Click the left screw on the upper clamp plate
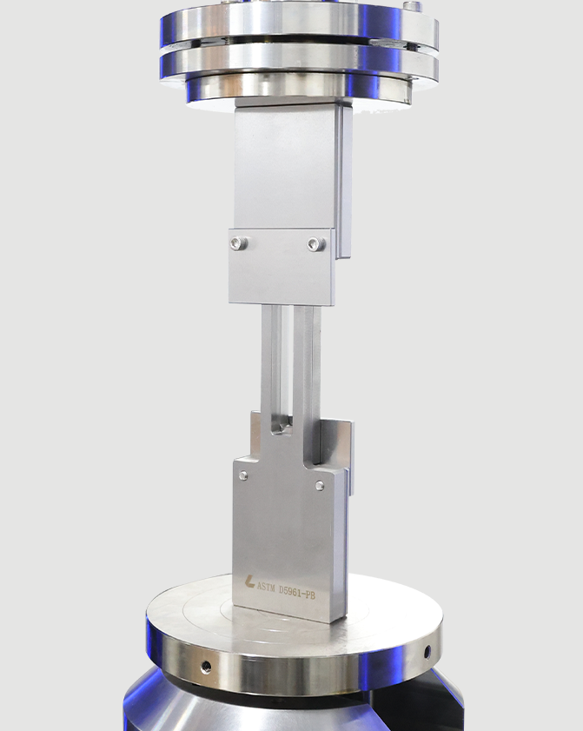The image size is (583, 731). (239, 243)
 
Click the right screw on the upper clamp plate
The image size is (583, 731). (316, 243)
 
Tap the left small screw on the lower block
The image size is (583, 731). (243, 475)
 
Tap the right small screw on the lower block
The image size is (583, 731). (320, 486)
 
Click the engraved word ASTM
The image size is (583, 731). (266, 587)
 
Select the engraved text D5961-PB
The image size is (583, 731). (297, 592)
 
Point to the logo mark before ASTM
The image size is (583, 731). (249, 581)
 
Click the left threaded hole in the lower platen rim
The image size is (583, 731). (206, 668)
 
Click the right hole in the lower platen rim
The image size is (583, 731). (427, 652)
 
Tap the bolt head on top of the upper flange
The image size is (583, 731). (412, 7)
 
